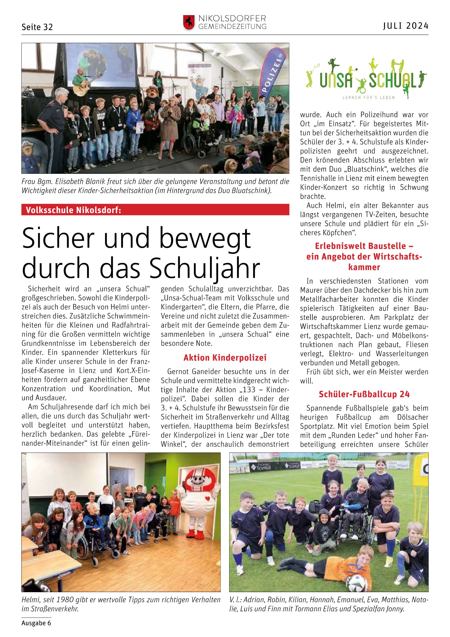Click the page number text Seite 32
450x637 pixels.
tap(37, 27)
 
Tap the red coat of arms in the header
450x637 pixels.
tap(189, 23)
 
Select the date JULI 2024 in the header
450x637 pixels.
tap(406, 26)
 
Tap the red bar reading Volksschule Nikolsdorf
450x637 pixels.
tap(155, 210)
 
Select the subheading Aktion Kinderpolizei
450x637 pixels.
tap(225, 358)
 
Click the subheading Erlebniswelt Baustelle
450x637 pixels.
tap(364, 246)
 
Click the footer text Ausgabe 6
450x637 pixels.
tap(36, 623)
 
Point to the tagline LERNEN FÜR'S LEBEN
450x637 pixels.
tap(369, 97)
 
